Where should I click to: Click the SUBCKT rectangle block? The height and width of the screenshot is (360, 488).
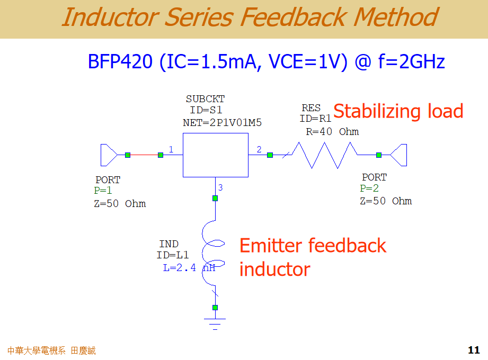click(x=215, y=155)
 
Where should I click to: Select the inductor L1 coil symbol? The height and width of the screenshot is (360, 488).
click(x=215, y=254)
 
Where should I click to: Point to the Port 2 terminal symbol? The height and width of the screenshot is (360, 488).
click(x=399, y=155)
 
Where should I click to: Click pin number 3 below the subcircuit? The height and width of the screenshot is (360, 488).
click(x=220, y=187)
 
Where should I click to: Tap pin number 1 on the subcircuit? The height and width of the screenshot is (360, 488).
click(x=171, y=149)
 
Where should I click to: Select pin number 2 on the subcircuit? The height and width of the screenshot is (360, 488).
click(x=259, y=149)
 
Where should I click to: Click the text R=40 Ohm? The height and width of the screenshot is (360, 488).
click(x=332, y=132)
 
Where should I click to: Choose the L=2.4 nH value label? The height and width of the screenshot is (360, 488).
click(x=189, y=268)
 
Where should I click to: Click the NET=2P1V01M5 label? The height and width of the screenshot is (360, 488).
click(x=222, y=123)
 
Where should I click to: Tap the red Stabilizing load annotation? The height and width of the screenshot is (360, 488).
click(x=398, y=111)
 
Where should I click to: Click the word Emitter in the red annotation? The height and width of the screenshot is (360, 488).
click(x=271, y=246)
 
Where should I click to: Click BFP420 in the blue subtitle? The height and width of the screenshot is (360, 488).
click(x=120, y=62)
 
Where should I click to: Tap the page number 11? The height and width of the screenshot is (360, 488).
click(x=474, y=350)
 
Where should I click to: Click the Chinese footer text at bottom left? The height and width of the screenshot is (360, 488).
click(x=51, y=350)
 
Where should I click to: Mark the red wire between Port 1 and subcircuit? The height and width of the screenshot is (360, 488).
click(x=144, y=155)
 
